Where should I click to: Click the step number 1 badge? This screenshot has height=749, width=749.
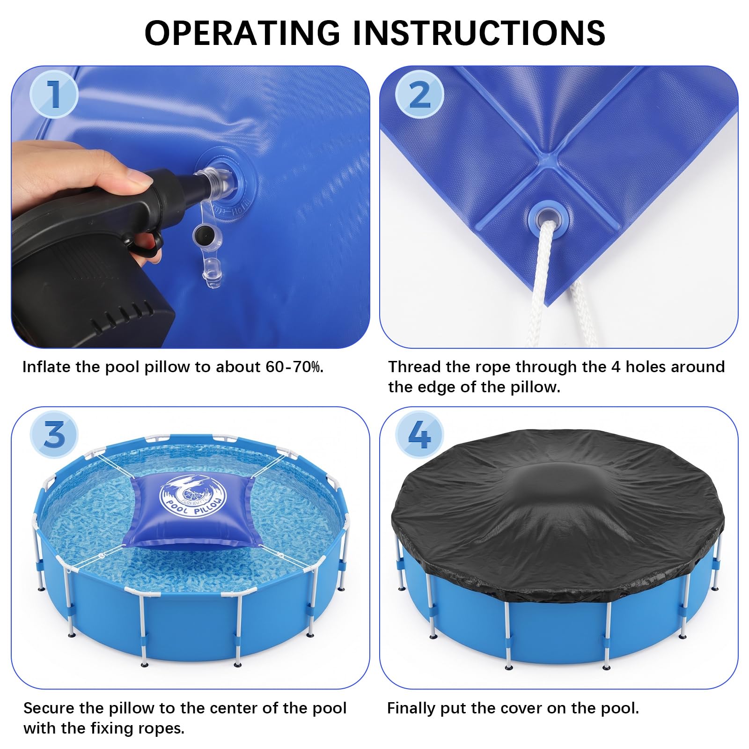[54, 94]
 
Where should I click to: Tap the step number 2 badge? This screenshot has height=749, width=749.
[419, 94]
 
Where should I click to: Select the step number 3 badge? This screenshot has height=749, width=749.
[54, 434]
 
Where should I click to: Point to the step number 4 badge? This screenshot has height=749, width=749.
[419, 434]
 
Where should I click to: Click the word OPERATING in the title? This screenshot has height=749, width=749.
[242, 33]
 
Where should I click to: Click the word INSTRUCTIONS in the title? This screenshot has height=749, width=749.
[479, 33]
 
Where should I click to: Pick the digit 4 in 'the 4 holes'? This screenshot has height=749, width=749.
[616, 367]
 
